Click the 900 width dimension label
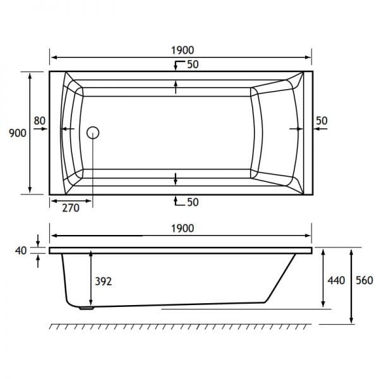point(18,133)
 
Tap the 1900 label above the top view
point(183,51)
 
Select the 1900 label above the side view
point(183,229)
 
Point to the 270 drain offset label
point(71,208)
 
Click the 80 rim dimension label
point(39,121)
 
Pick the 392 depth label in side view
point(104,281)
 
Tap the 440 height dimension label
point(336,280)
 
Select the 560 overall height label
point(364,280)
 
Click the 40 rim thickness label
point(21,251)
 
